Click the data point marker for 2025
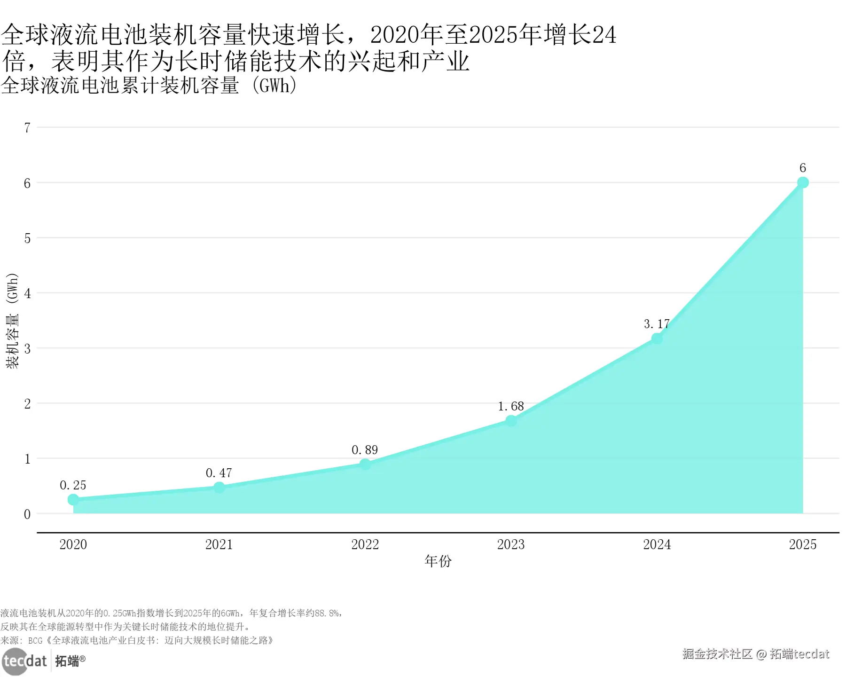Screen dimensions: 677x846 [803, 182]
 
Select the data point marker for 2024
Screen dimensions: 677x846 [657, 338]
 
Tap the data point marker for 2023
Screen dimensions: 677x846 [511, 421]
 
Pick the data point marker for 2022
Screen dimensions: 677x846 [365, 464]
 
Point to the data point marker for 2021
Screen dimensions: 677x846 [219, 488]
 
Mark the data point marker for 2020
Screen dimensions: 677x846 [73, 500]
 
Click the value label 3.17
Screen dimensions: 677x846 [657, 324]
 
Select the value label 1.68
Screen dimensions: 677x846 [511, 406]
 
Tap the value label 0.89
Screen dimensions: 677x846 [365, 450]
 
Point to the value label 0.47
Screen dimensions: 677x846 [219, 473]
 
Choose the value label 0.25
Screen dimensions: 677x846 [73, 485]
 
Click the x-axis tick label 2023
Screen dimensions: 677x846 [511, 544]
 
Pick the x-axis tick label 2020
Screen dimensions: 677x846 [73, 544]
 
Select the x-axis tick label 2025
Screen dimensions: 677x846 [803, 544]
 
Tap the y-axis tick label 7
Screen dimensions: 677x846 [27, 127]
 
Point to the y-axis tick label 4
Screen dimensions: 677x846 [27, 293]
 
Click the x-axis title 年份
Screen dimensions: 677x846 [438, 561]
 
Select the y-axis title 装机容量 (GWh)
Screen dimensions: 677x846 [12, 321]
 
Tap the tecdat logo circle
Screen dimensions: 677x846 [15, 661]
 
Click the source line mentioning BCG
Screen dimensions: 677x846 [137, 640]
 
